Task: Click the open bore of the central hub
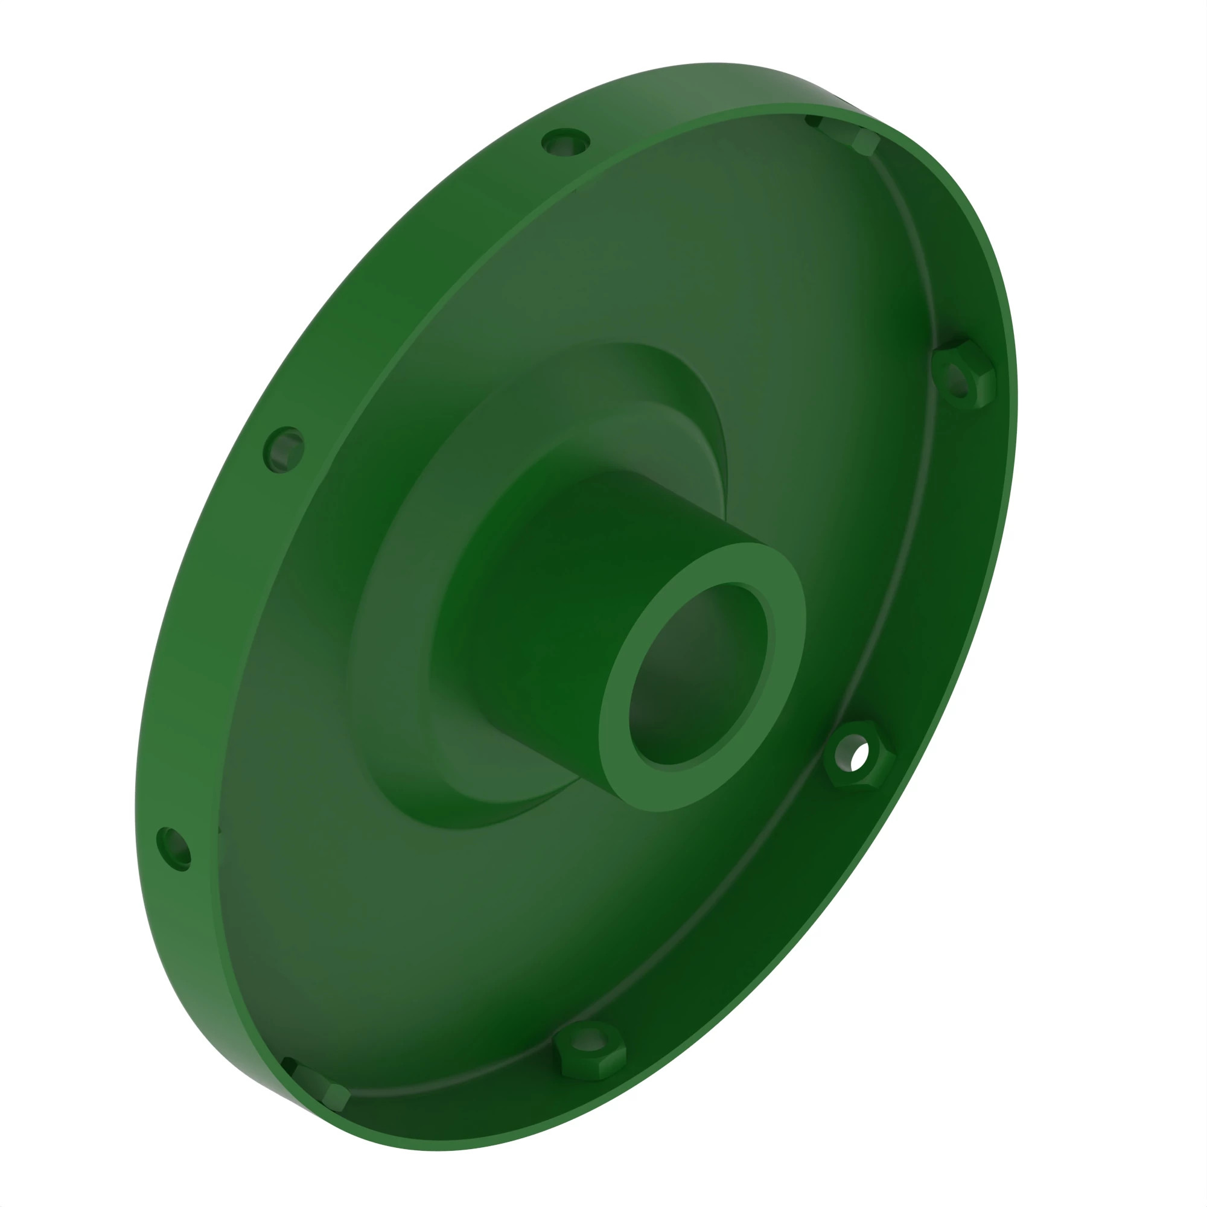pos(696,678)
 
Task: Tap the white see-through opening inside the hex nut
pos(860,754)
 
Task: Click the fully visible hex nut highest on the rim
pos(963,375)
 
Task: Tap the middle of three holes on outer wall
pos(284,449)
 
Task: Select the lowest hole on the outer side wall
pos(174,849)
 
